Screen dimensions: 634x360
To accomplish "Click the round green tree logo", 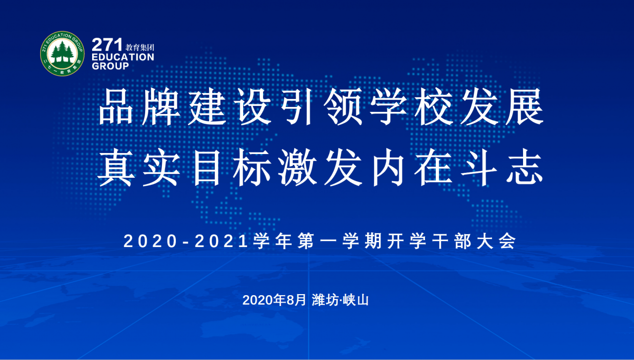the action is point(62,53).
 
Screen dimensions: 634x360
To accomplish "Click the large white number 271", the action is point(107,45).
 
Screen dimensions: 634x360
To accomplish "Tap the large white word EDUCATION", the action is point(123,57).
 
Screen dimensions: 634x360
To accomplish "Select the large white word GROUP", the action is point(110,66).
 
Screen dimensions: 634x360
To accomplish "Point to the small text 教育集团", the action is point(140,47).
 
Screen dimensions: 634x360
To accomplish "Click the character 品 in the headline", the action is point(116,106).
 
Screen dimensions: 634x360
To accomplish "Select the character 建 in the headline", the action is point(207,106).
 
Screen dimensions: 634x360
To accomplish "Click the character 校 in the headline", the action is point(433,106).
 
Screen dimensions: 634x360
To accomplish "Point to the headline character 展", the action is point(525,106).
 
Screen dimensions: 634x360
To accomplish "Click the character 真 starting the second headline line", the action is point(116,167).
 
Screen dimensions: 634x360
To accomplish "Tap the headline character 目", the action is point(207,167).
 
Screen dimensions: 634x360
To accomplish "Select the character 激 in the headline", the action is point(297,167).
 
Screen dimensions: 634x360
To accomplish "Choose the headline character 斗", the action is point(479,167).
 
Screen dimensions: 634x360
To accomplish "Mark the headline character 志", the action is point(525,167).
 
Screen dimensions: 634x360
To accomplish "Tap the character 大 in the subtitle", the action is point(485,242).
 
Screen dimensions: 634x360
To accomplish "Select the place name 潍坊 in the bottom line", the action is point(325,300).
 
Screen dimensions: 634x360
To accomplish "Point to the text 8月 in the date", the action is point(296,300).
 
